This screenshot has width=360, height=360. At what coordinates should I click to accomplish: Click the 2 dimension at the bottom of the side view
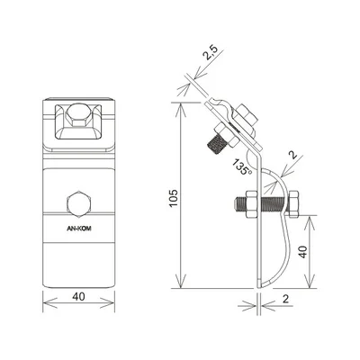286,299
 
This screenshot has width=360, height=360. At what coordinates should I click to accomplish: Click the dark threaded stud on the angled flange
216,142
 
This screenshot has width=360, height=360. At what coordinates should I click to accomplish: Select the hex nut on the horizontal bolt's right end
292,206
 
